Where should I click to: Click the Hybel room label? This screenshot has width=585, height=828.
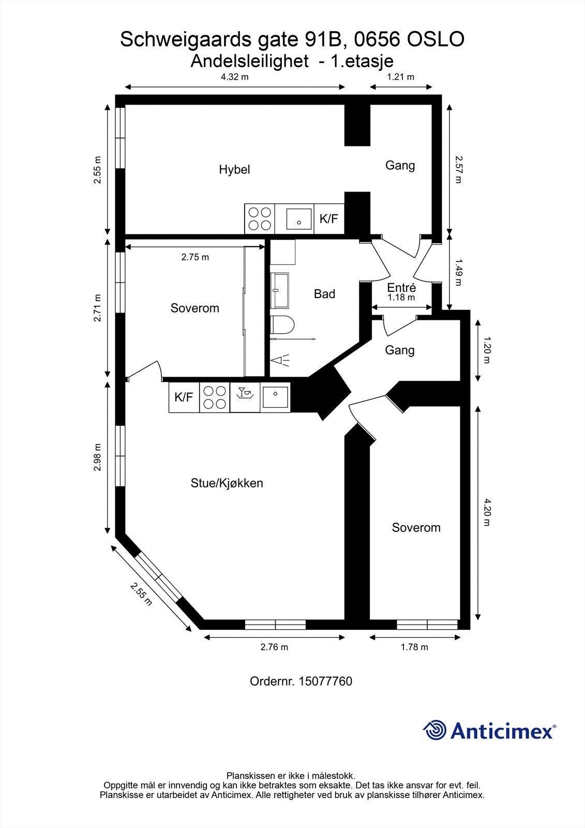tap(234, 169)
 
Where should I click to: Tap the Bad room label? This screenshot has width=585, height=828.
tap(324, 294)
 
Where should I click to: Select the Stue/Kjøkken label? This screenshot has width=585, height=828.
tap(227, 483)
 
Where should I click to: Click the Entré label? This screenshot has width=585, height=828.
tap(401, 288)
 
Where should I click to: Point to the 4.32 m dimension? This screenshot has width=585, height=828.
tap(234, 77)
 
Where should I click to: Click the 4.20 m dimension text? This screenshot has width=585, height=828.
tap(487, 512)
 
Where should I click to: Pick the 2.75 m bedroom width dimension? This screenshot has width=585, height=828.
tap(195, 257)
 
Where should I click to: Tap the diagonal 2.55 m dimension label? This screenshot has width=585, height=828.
tap(141, 594)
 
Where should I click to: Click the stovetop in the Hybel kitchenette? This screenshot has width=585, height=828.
tap(260, 218)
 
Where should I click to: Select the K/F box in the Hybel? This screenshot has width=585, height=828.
tap(328, 218)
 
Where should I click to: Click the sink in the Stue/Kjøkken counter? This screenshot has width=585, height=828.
tap(275, 397)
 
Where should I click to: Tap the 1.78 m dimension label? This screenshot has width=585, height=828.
tap(414, 647)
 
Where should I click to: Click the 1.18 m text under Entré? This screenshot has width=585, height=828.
tap(401, 298)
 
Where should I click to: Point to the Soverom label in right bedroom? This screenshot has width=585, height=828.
tap(416, 528)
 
